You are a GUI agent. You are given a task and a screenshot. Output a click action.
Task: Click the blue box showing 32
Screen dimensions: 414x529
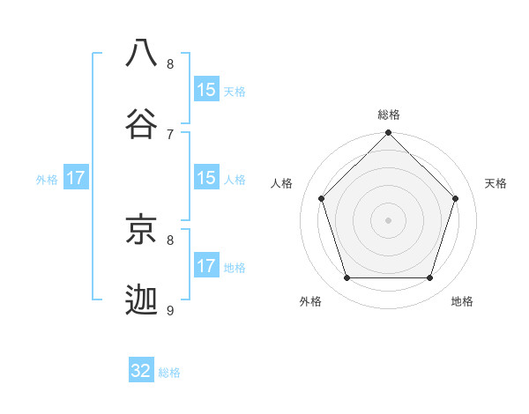pos(141,371)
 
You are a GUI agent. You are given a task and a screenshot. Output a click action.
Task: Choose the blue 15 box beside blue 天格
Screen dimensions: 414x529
pos(206,90)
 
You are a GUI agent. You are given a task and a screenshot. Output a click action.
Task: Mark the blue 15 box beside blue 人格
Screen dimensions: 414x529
pos(206,178)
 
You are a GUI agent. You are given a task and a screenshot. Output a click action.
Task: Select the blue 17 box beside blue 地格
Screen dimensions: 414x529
pos(206,266)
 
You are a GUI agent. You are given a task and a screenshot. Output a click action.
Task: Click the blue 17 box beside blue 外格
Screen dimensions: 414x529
pos(76,178)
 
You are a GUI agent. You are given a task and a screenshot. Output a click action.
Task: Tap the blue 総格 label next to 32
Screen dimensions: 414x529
pos(169,373)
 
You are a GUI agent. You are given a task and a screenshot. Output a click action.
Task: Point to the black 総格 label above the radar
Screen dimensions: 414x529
pos(389,115)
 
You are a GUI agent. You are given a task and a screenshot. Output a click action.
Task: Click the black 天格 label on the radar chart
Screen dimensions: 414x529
pos(495,183)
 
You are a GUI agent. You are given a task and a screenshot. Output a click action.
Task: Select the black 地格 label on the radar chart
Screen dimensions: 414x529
pos(462,301)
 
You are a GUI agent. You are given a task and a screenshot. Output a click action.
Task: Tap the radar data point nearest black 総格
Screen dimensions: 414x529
pos(389,134)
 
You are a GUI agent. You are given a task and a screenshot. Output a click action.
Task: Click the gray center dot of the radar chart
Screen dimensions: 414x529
pos(389,220)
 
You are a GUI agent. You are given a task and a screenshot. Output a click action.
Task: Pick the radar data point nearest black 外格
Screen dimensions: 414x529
pos(347,278)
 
